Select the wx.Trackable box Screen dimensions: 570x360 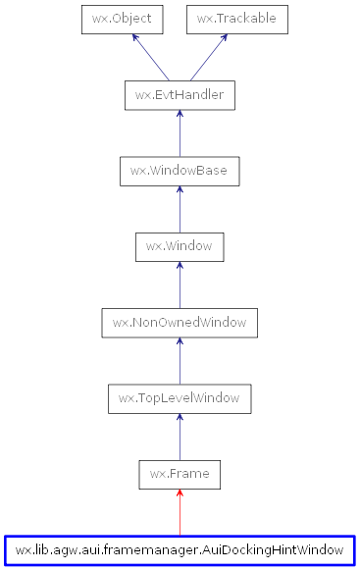tap(236, 19)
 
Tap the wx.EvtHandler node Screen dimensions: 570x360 tap(180, 95)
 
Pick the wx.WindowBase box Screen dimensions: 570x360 tap(180, 171)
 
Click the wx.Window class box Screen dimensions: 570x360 tap(180, 246)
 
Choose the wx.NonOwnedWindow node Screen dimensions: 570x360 tap(180, 323)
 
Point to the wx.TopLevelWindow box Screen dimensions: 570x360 tap(180, 398)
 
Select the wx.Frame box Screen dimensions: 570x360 tap(180, 474)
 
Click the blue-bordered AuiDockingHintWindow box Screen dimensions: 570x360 tap(180, 549)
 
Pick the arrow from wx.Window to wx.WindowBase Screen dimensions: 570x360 tap(180, 209)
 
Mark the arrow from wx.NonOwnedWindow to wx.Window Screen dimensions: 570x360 tap(180, 285)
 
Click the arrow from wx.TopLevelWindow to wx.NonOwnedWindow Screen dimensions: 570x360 tap(180, 361)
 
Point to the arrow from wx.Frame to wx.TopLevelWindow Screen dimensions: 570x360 tap(180, 437)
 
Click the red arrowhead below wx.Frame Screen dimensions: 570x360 tap(180, 494)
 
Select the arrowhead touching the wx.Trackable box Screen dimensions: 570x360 tap(225, 38)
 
